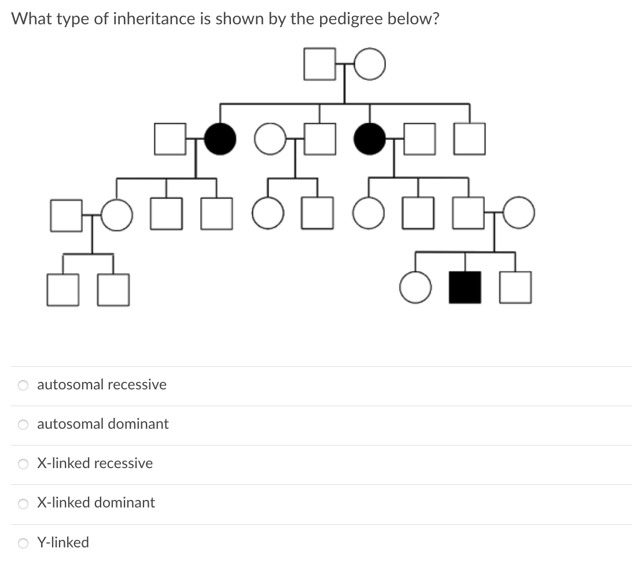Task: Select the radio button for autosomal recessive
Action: (23, 385)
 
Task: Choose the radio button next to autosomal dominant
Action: (23, 425)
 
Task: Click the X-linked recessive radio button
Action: (23, 464)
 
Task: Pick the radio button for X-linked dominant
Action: (23, 503)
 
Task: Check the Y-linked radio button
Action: (23, 543)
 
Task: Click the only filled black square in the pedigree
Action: (465, 288)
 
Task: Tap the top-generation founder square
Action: (319, 64)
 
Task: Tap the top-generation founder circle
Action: (370, 64)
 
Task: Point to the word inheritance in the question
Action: (145, 19)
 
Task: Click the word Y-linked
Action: (63, 543)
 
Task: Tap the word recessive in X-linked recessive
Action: (123, 463)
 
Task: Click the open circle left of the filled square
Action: (416, 288)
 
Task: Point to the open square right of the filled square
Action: (515, 288)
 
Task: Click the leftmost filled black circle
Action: (220, 139)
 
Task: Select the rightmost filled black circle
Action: (369, 139)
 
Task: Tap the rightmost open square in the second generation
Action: (469, 139)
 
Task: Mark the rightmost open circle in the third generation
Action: (519, 213)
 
